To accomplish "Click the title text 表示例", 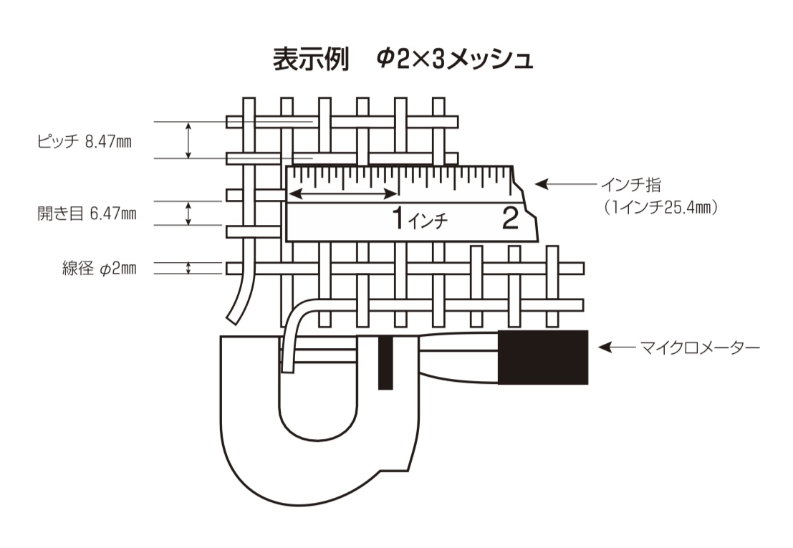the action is [x=310, y=59].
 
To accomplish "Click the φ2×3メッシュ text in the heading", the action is [x=455, y=59].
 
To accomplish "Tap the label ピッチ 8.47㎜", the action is [x=85, y=141].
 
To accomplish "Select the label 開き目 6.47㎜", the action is [x=87, y=213].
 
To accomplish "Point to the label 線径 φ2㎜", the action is [x=99, y=268].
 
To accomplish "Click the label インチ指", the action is [x=630, y=185].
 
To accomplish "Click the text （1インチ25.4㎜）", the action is [x=660, y=207].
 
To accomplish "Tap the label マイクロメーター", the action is [x=700, y=348].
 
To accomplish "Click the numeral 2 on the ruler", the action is [x=510, y=218].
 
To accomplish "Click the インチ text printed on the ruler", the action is [x=428, y=221].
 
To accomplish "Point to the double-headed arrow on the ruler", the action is [x=343, y=193].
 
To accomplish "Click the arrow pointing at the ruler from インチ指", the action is [x=565, y=185].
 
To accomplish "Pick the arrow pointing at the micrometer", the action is [x=617, y=348].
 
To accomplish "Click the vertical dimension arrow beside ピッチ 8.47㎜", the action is [x=188, y=140].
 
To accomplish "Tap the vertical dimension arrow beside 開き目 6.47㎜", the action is [x=188, y=213].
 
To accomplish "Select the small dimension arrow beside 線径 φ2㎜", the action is [x=188, y=268].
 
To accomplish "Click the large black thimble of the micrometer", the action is [x=543, y=357].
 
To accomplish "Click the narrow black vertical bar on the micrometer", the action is [x=386, y=362].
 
